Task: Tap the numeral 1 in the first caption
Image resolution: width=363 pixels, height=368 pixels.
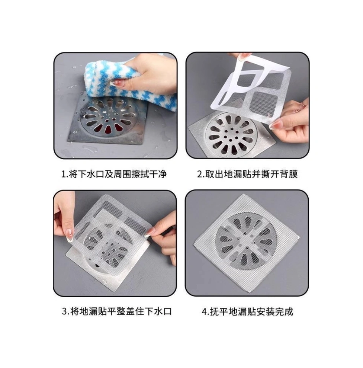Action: click(63, 175)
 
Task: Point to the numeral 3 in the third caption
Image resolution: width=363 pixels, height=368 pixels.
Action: click(65, 311)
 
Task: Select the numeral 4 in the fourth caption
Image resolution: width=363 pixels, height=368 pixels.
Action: click(205, 312)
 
